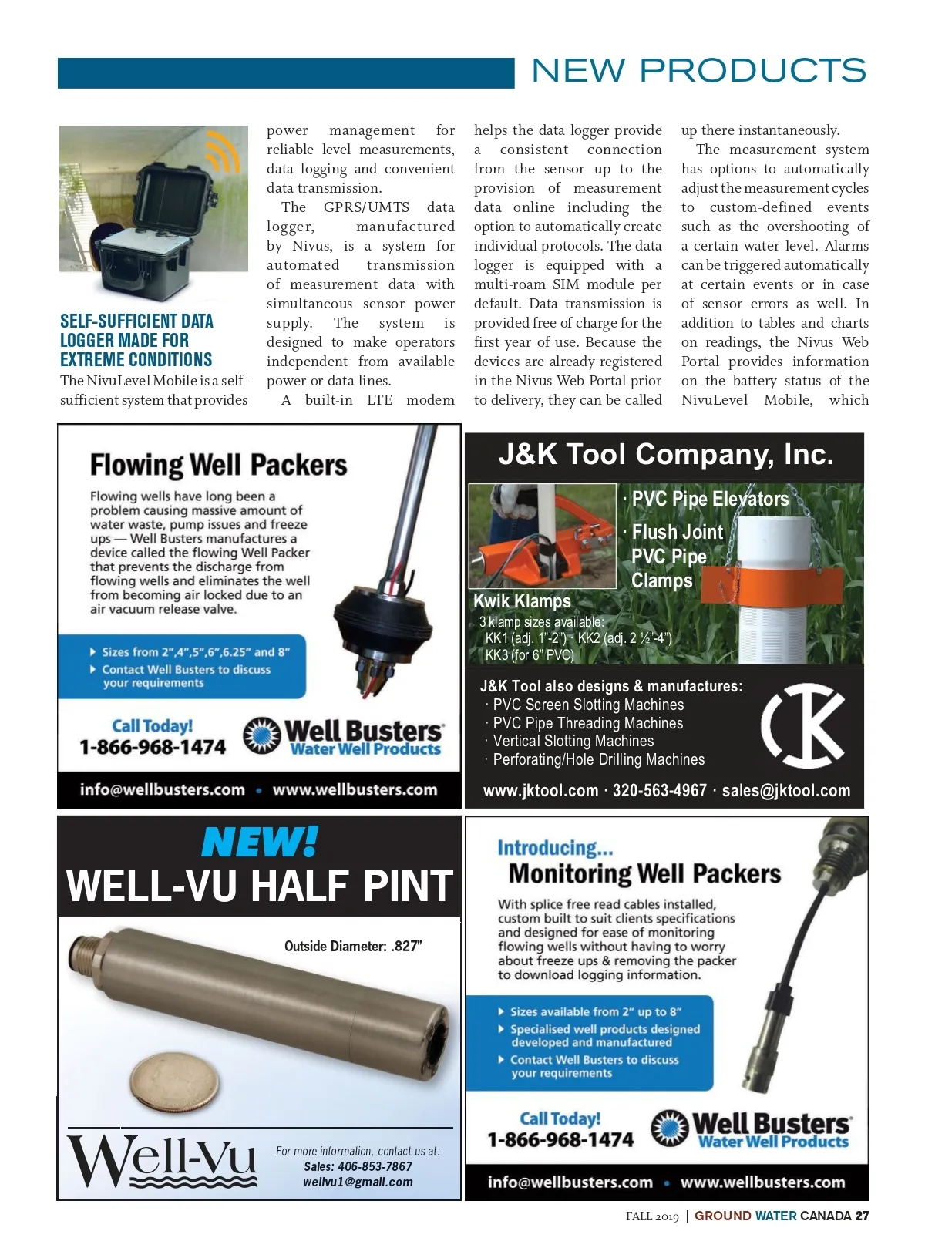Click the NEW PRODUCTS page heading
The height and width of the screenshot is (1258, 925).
click(698, 71)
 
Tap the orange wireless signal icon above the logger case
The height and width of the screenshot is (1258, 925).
click(221, 153)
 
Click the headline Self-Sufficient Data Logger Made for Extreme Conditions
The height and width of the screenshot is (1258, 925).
click(136, 340)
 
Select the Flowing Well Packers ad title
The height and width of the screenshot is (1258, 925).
click(218, 466)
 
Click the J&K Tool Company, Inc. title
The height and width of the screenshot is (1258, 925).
click(666, 455)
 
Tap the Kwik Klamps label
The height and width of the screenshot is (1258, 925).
click(522, 601)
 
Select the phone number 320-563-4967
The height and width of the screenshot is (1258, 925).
click(659, 791)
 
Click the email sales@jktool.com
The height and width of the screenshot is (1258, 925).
click(785, 791)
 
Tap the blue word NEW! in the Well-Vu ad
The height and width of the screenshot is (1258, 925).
click(260, 843)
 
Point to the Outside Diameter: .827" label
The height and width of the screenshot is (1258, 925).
click(353, 947)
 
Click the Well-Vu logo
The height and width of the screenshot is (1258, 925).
click(161, 1160)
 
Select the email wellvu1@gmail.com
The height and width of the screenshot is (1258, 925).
click(358, 1182)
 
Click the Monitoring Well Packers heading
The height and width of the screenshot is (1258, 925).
click(644, 874)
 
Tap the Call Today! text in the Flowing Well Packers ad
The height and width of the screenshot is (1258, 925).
click(152, 726)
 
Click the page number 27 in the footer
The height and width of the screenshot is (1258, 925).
click(862, 1216)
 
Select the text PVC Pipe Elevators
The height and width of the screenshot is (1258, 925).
click(710, 499)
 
